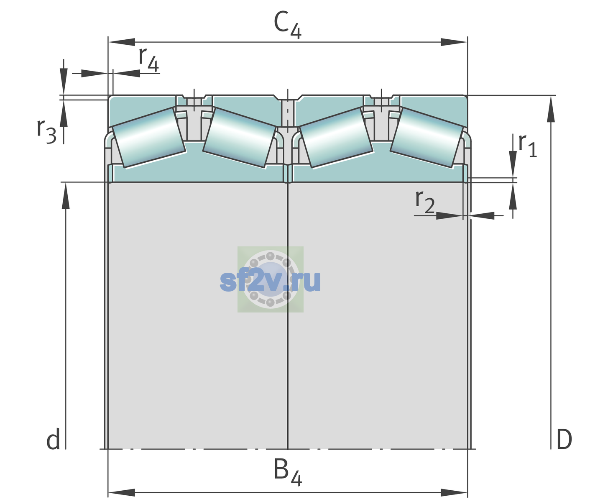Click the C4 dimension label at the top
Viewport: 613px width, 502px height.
[x=287, y=25]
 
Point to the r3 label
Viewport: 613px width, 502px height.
[x=46, y=131]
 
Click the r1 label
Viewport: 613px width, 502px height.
[x=528, y=146]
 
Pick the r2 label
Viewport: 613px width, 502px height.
[x=425, y=201]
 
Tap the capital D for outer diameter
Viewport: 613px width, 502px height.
[x=564, y=439]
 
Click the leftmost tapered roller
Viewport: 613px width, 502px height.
[x=148, y=138]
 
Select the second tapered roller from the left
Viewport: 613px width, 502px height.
[x=240, y=138]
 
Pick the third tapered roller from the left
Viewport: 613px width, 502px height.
[x=336, y=138]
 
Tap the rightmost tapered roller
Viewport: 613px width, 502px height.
[x=427, y=138]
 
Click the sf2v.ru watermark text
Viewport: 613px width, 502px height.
[x=270, y=281]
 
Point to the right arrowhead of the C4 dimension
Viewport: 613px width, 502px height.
[x=454, y=42]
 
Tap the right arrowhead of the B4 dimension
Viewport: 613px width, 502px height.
[x=454, y=493]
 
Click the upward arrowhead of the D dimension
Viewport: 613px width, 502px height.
[x=551, y=109]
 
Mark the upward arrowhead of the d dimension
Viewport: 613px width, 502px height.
[x=66, y=196]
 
